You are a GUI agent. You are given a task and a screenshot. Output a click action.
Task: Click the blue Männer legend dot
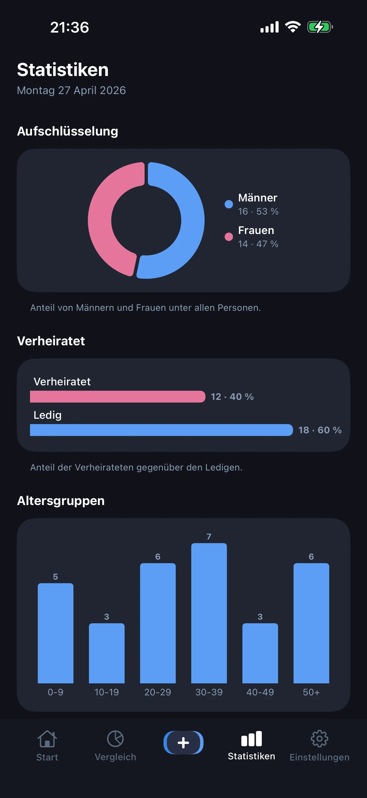tap(229, 204)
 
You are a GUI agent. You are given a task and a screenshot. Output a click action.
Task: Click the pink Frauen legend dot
tap(229, 237)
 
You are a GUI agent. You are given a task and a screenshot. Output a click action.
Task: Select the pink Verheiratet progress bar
tap(118, 396)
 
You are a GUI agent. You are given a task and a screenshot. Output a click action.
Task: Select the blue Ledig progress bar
tap(161, 430)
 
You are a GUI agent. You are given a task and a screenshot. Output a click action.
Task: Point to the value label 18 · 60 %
tap(320, 430)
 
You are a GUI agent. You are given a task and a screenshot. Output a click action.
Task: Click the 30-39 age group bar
tap(209, 613)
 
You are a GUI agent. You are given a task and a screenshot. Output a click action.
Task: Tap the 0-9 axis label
tap(55, 692)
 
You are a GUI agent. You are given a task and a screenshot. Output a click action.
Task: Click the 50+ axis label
tap(311, 692)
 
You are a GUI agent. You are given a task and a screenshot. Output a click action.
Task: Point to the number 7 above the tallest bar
tap(209, 536)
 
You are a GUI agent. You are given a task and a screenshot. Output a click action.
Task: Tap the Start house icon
tap(47, 739)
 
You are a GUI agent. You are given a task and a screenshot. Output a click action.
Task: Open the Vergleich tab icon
tap(115, 739)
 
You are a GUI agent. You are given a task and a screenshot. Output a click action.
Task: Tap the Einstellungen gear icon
tap(319, 739)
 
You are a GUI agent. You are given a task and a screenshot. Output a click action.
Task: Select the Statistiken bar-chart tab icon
tap(251, 739)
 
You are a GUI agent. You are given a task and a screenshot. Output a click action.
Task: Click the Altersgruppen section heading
tap(61, 501)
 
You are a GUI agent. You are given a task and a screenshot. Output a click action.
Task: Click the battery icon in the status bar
tap(320, 27)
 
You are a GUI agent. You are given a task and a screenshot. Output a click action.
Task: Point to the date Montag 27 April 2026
tap(71, 90)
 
